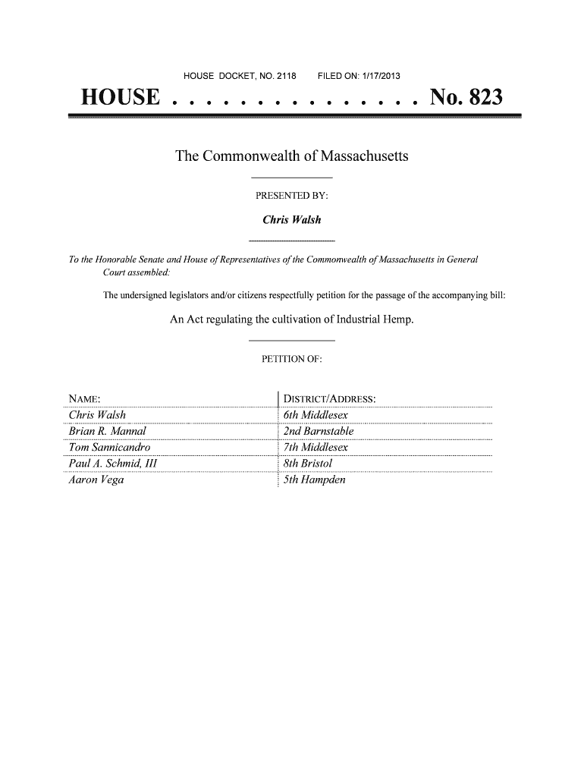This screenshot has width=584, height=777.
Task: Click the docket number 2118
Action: [293, 75]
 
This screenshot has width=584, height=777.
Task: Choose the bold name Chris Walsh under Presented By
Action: [291, 220]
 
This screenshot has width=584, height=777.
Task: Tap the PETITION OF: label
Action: [291, 360]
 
